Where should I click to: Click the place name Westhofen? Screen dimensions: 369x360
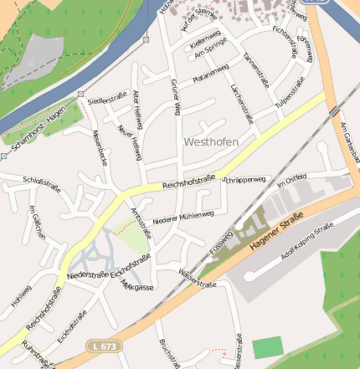[x=210, y=142]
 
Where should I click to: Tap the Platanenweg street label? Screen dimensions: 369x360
[x=210, y=74]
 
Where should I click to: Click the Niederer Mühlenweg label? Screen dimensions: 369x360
[x=183, y=217]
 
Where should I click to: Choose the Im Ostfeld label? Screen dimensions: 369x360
[x=292, y=179]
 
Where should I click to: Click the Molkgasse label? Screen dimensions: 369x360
[x=137, y=286]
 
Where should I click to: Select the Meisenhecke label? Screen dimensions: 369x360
[x=100, y=146]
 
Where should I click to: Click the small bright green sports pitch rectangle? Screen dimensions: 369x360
[x=268, y=348]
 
